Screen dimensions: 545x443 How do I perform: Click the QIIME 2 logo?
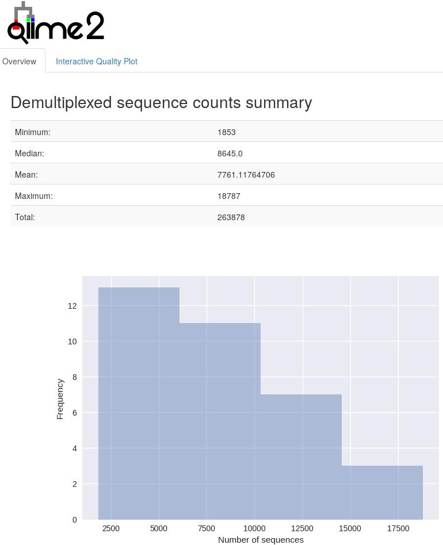(x=55, y=24)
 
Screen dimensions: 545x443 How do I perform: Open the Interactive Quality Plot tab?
(x=96, y=62)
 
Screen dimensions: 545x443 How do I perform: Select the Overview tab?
(x=20, y=62)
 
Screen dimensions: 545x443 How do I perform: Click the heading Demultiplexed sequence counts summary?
(x=161, y=102)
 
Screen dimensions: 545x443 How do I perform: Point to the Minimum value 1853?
(x=226, y=132)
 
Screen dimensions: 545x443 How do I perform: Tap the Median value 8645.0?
(x=230, y=153)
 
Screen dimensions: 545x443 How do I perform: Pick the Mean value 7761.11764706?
(x=246, y=175)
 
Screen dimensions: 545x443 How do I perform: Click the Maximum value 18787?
(x=228, y=196)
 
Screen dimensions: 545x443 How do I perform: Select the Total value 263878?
(x=231, y=217)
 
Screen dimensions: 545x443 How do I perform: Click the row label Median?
(x=29, y=153)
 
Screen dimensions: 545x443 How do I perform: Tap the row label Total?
(x=25, y=217)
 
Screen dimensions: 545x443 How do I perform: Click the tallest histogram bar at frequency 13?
(x=139, y=402)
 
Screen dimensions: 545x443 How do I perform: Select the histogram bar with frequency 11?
(x=220, y=420)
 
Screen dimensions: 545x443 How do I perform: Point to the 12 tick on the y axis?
(x=72, y=306)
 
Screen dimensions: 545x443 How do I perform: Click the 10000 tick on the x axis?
(x=254, y=528)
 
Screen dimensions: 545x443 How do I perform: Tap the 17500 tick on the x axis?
(x=398, y=528)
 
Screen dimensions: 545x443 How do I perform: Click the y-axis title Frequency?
(x=60, y=398)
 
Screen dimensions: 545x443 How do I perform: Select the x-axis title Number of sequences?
(x=261, y=540)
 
